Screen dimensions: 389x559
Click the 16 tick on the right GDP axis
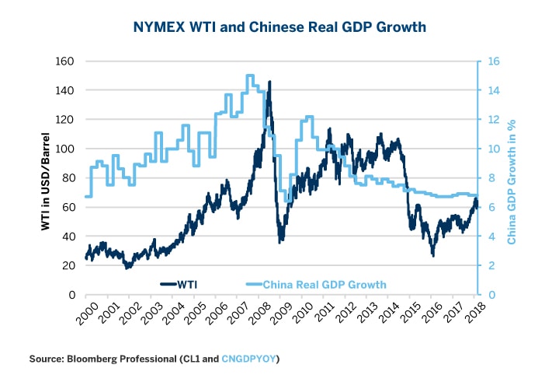[491, 61]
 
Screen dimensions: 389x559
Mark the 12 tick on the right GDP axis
[491, 119]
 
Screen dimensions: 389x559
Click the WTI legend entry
[186, 284]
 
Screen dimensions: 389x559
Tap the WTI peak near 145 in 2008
[269, 82]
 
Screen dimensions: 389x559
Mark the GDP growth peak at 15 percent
[250, 76]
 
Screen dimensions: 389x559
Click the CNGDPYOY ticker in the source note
[249, 359]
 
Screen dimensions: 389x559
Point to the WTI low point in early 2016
[433, 254]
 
